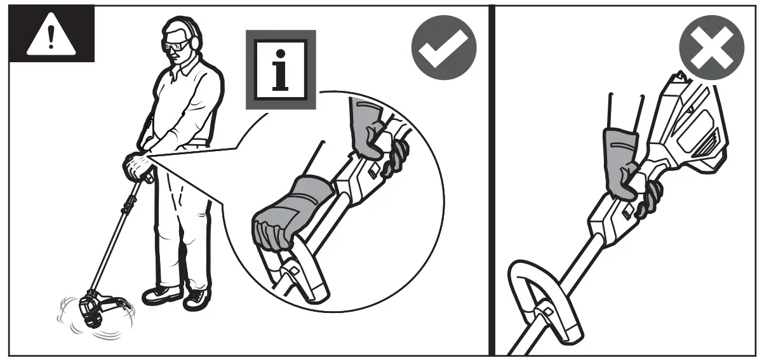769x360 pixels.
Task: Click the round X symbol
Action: point(711,48)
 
